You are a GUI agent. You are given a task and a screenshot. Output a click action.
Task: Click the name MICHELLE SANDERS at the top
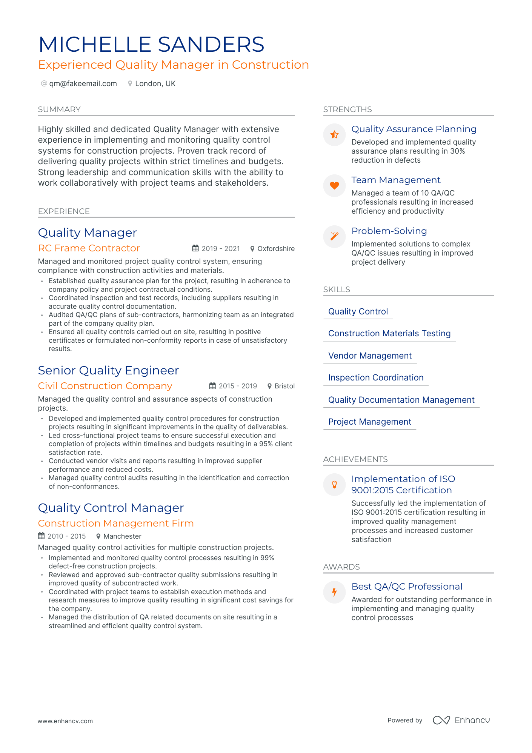(x=151, y=45)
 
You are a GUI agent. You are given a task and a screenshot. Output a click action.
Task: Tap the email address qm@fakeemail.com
(x=83, y=84)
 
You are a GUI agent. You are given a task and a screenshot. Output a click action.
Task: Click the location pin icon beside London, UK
(x=130, y=84)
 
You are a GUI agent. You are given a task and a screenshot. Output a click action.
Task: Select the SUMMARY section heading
(x=59, y=109)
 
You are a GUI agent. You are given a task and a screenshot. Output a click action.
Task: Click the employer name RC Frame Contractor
(x=89, y=248)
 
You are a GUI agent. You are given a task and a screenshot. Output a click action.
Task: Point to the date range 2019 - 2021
(x=221, y=249)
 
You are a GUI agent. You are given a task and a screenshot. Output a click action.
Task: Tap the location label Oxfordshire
(x=276, y=249)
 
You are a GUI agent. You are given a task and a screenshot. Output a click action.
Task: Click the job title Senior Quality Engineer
(x=108, y=371)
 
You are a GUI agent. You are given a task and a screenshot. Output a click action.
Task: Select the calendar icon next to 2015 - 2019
(x=212, y=386)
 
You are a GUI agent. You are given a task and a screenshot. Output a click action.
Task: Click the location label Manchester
(x=122, y=536)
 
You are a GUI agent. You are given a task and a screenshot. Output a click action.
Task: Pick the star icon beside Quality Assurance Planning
(x=334, y=135)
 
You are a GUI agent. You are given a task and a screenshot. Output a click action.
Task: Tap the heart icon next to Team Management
(x=334, y=186)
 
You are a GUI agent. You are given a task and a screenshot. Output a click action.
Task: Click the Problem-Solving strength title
(x=389, y=231)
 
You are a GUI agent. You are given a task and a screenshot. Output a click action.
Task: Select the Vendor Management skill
(x=370, y=356)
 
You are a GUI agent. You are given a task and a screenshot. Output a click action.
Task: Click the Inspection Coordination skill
(x=376, y=378)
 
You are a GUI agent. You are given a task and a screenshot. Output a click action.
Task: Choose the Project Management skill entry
(x=370, y=422)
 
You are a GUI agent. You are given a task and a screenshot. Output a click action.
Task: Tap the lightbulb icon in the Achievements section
(x=334, y=485)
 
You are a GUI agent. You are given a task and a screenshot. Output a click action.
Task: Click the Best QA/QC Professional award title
(x=407, y=587)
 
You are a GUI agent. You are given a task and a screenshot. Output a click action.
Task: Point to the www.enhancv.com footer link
(x=65, y=721)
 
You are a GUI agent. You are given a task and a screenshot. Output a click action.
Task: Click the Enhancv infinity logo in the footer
(x=441, y=720)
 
